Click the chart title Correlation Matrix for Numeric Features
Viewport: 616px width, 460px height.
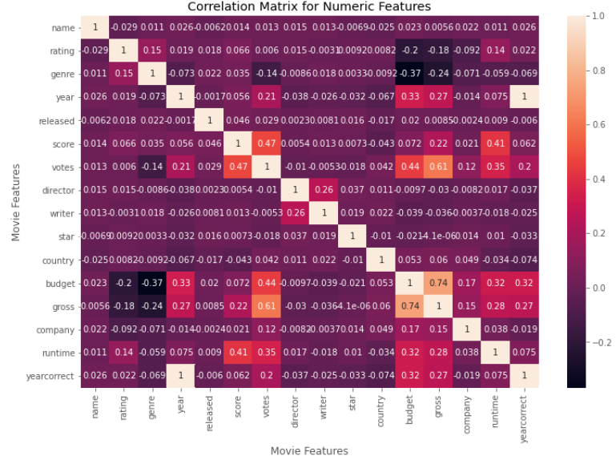(x=309, y=7)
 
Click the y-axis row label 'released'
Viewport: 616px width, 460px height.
(x=57, y=120)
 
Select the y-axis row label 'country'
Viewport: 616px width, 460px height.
(x=59, y=260)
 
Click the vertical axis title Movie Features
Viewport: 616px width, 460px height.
(x=15, y=202)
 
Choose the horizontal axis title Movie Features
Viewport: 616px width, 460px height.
(x=309, y=451)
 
